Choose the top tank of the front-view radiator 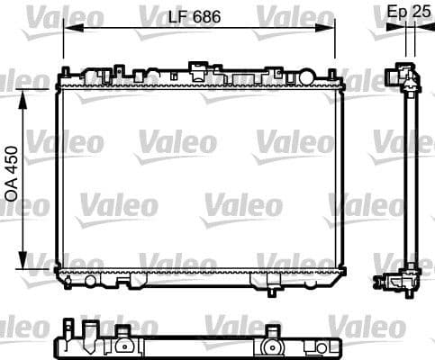198,79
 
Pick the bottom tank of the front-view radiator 198,274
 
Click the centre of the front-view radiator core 198,176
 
